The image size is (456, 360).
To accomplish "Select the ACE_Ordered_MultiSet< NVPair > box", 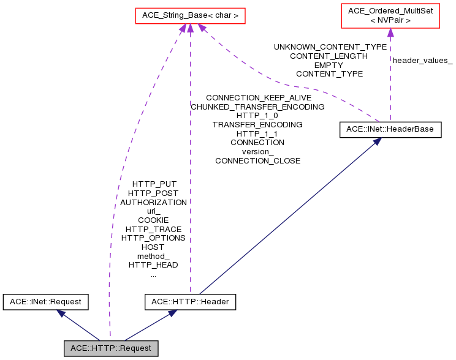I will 390,15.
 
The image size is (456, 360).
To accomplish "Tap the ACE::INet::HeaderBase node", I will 390,129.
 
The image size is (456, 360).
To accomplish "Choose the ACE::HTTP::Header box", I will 190,301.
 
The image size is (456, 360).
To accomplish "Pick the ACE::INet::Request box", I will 46,301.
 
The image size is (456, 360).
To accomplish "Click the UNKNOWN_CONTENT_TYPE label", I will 330,47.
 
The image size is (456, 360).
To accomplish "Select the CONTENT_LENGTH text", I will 329,56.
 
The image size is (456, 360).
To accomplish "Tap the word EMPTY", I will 329,65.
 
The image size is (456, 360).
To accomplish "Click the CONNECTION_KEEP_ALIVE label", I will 259,97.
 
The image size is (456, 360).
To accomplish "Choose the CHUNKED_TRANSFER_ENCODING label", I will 257,107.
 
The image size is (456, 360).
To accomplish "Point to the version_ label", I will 257,151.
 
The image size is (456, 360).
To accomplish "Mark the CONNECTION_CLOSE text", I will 257,160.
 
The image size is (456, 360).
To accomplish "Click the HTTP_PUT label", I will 153,184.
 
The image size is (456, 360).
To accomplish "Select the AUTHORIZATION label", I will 153,202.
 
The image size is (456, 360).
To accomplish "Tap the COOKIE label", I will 153,220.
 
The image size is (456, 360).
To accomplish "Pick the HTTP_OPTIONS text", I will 153,238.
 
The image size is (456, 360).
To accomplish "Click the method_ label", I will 153,256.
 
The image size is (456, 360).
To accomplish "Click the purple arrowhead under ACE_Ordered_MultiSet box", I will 390,32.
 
